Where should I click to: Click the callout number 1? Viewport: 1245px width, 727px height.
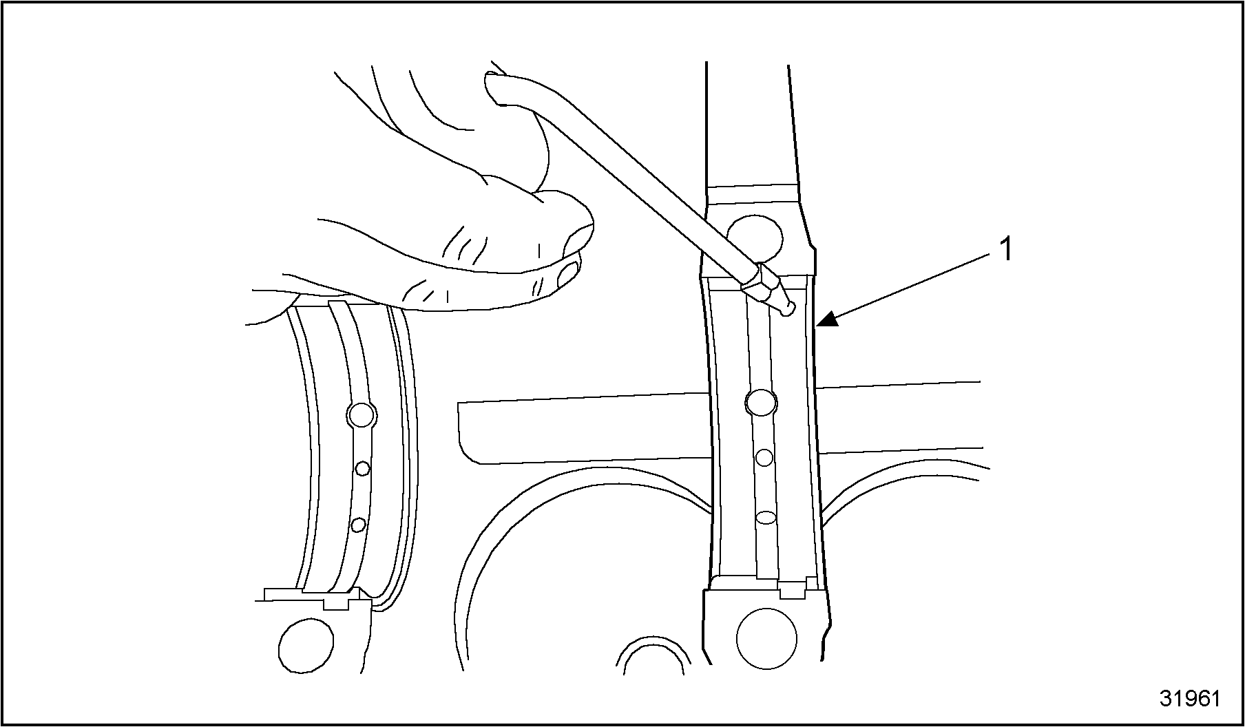tap(1006, 249)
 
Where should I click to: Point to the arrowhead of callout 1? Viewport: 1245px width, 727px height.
tap(826, 318)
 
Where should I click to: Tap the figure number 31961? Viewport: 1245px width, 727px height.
tap(1189, 698)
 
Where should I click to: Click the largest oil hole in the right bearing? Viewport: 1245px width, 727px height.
tap(762, 402)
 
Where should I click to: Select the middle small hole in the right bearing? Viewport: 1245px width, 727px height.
tap(764, 457)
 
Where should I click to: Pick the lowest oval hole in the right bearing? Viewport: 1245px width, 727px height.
tap(766, 516)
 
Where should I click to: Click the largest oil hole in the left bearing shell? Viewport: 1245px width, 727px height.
tap(362, 414)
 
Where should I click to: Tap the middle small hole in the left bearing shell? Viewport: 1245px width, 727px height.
tap(362, 469)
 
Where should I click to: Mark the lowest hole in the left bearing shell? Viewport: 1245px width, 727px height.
tap(357, 525)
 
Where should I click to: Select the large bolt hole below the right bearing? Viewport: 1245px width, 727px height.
tap(766, 639)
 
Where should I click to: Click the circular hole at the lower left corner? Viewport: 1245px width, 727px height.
tap(306, 646)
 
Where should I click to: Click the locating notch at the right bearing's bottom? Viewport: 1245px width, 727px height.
tap(793, 590)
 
